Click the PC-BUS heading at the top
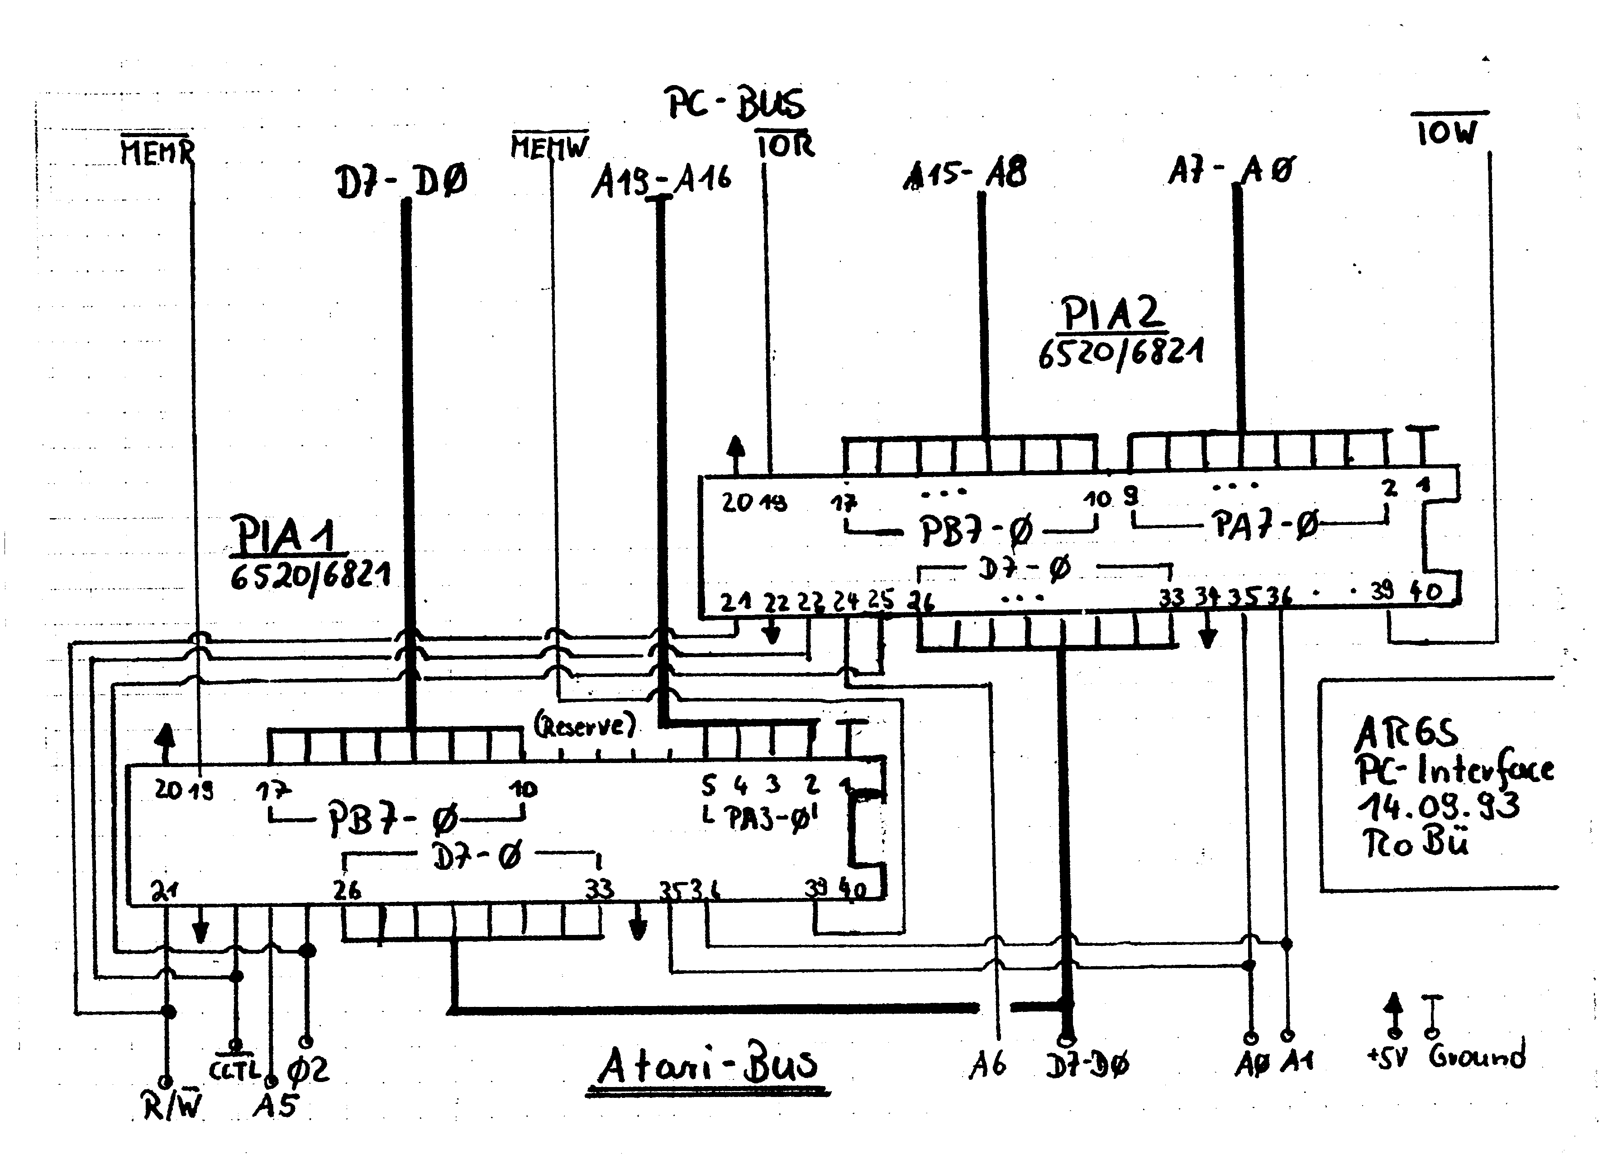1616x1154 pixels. click(735, 105)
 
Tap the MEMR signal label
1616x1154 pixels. click(156, 151)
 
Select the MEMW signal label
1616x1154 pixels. click(549, 147)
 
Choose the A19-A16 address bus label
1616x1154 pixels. click(661, 181)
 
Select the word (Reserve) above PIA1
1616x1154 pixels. click(584, 725)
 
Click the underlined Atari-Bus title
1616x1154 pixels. click(707, 1066)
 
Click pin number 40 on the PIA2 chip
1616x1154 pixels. click(1425, 591)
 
